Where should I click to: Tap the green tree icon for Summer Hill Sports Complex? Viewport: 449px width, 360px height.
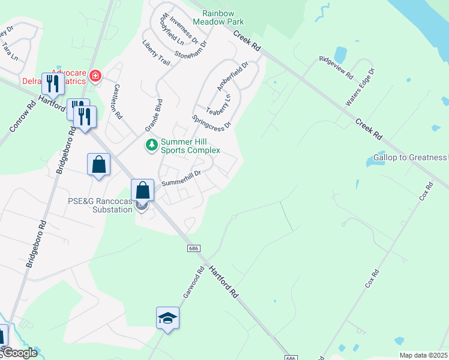(152, 145)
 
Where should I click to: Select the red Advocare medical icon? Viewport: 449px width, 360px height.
(95, 76)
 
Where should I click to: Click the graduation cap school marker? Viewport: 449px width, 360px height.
(167, 318)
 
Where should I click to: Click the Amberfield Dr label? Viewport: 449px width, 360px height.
(233, 76)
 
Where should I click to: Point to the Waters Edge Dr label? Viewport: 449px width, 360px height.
(360, 88)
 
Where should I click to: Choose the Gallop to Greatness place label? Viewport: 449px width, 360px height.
(410, 158)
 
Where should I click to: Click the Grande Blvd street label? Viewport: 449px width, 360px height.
(154, 115)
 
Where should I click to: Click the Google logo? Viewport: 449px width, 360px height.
(19, 353)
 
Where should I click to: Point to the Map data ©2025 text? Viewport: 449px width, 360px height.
(423, 355)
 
